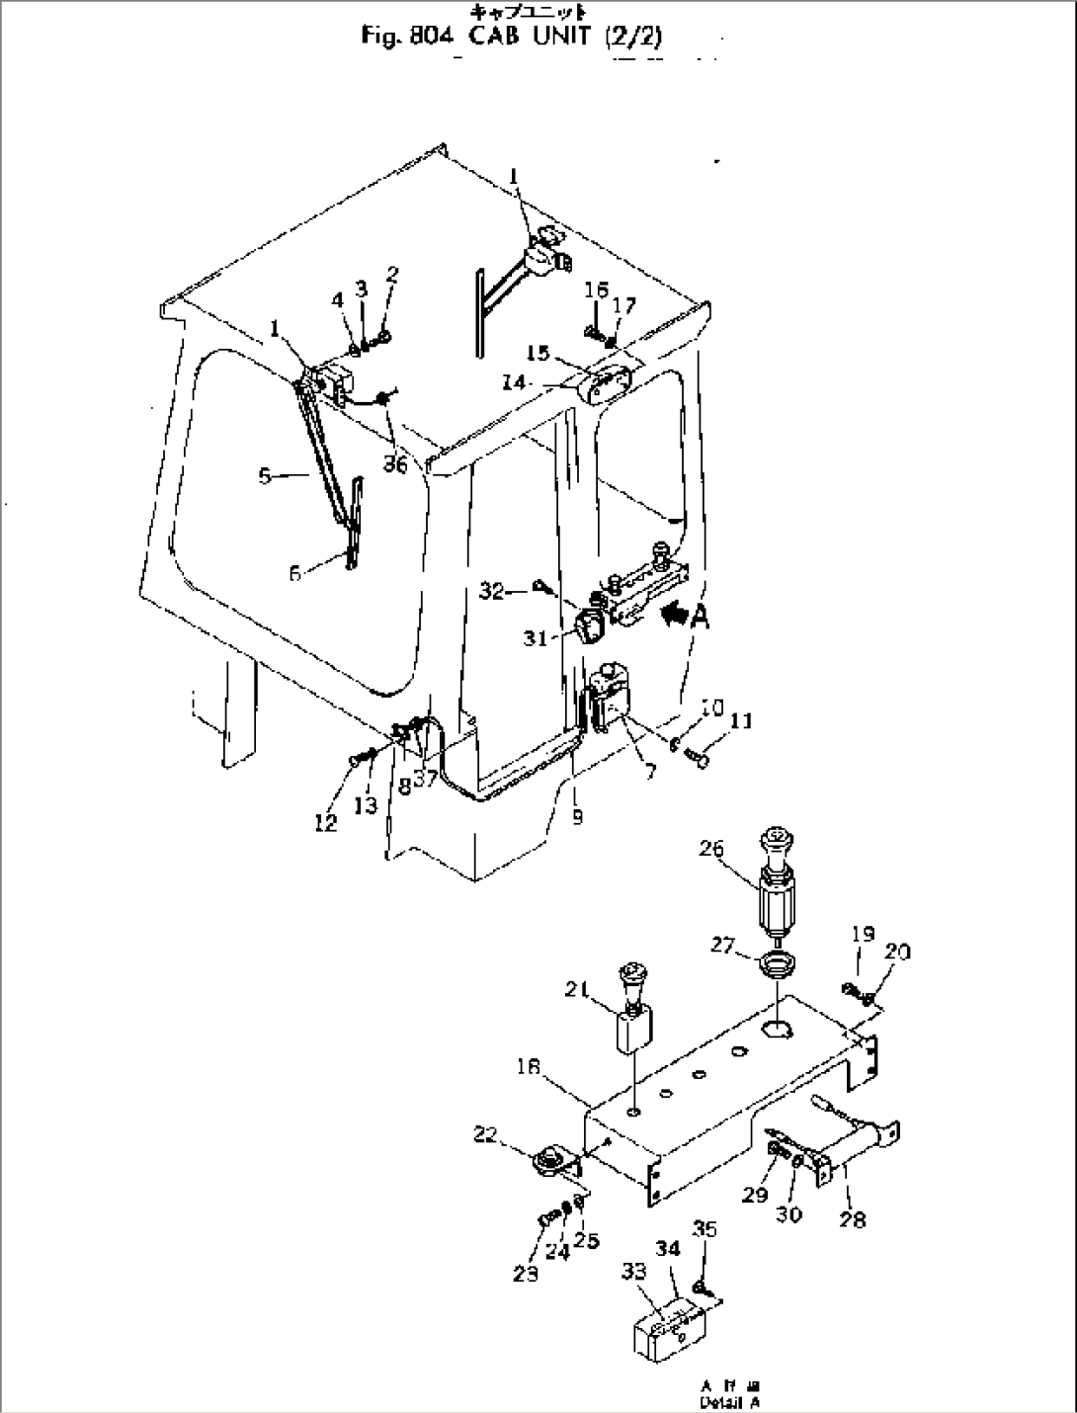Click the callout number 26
tap(737, 849)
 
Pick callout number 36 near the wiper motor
tap(395, 462)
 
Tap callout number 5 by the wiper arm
tap(265, 476)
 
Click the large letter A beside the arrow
tap(701, 618)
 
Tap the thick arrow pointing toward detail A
tap(674, 615)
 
